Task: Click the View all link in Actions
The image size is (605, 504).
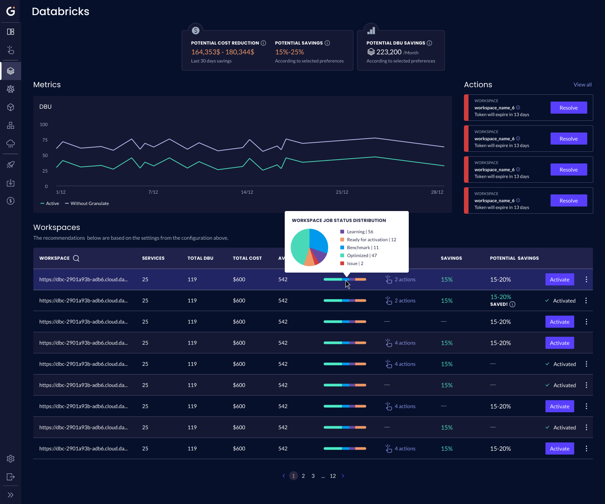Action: (582, 85)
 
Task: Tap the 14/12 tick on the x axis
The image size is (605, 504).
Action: (247, 192)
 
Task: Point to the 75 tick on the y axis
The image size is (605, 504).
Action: (45, 140)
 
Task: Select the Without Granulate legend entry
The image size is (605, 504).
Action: (89, 203)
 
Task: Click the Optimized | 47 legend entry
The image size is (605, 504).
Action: (361, 256)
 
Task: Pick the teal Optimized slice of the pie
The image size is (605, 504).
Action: (299, 245)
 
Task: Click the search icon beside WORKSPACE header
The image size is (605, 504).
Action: (76, 258)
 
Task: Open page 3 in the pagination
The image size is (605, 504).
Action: (313, 476)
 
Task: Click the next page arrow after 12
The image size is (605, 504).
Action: (343, 476)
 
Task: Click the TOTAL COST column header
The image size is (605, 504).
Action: (247, 258)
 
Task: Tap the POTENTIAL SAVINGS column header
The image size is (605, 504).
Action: (514, 258)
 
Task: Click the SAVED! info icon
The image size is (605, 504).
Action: (512, 304)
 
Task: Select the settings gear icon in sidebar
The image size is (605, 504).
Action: (11, 459)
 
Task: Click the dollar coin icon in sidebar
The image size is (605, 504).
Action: (11, 201)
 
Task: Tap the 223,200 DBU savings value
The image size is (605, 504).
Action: (389, 52)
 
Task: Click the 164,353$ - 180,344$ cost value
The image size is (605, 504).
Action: (223, 52)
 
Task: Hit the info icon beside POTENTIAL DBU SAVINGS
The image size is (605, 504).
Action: (429, 43)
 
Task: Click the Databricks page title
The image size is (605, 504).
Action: (60, 12)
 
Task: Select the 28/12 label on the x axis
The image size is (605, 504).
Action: (437, 192)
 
